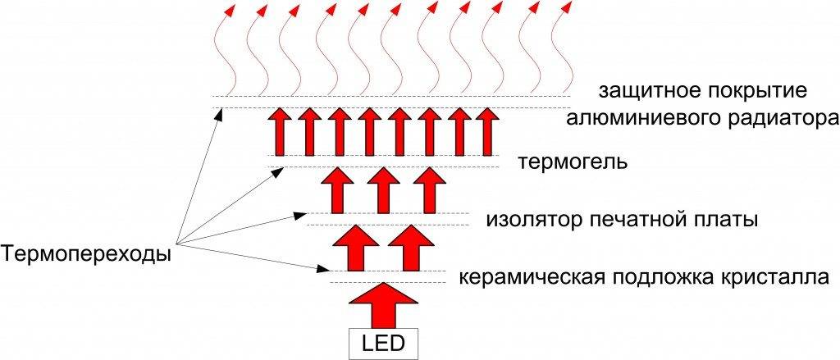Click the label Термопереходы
87,254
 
